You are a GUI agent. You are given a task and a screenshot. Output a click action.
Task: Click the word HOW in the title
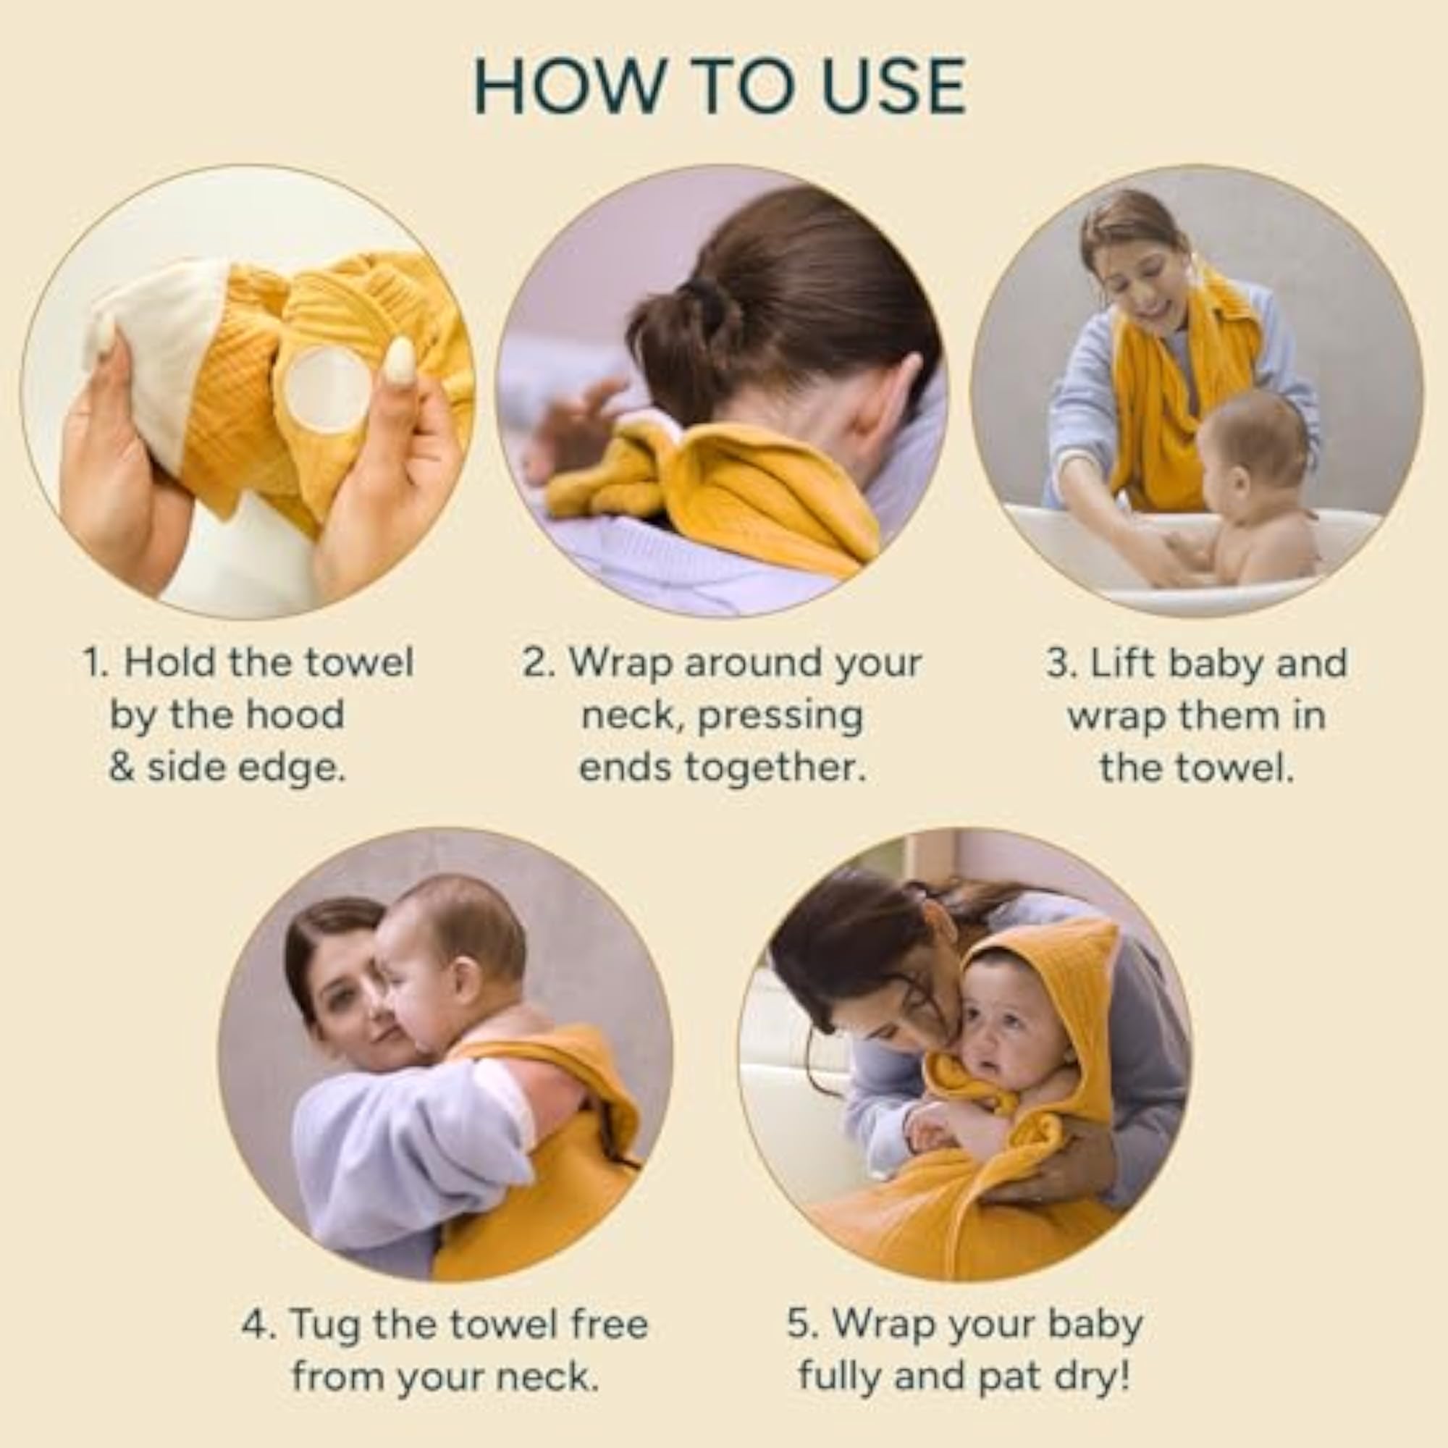tap(569, 87)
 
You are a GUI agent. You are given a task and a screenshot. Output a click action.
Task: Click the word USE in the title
tap(893, 87)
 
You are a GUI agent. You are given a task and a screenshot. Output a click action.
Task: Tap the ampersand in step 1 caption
tap(122, 767)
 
